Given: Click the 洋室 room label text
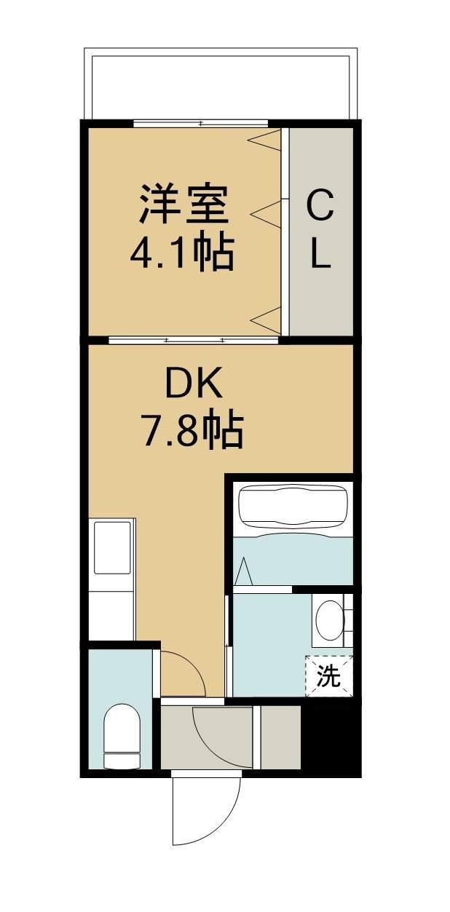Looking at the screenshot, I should pyautogui.click(x=183, y=205).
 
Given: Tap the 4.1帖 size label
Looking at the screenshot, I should pyautogui.click(x=182, y=254).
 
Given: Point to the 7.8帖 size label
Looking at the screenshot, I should pyautogui.click(x=192, y=432).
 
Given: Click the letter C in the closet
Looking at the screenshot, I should pyautogui.click(x=320, y=205).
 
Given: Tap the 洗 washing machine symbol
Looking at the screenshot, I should pyautogui.click(x=328, y=677).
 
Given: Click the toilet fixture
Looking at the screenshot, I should pyautogui.click(x=120, y=735).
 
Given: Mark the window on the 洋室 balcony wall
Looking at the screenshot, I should pyautogui.click(x=200, y=123).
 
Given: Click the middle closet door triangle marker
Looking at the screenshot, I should pyautogui.click(x=265, y=213).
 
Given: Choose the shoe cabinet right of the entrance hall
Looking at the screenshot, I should pyautogui.click(x=280, y=736).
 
